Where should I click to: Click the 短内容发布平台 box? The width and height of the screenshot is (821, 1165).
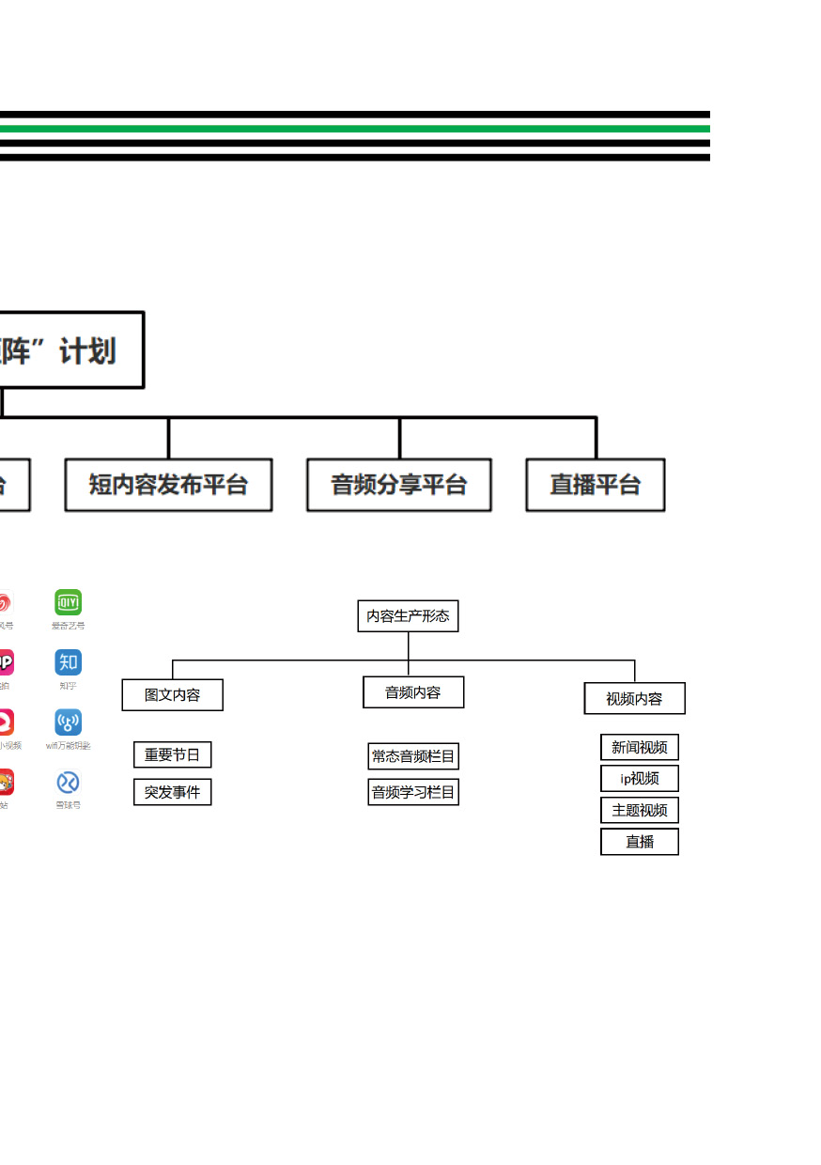tap(168, 485)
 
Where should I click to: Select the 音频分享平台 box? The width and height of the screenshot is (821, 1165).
tap(399, 485)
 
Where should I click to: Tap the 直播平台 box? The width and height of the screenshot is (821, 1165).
tap(596, 485)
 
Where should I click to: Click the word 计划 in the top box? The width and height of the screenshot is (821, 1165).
tap(88, 351)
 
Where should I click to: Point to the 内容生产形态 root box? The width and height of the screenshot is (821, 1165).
tap(408, 616)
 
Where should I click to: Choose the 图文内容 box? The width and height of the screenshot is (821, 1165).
tap(173, 695)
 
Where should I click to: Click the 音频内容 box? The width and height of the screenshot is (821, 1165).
tap(413, 692)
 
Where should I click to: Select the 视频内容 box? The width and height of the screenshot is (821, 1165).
tap(634, 699)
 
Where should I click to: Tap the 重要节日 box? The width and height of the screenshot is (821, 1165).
tap(173, 754)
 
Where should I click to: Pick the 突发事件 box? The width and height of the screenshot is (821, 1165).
tap(173, 792)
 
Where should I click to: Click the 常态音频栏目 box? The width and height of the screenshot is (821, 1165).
tap(413, 756)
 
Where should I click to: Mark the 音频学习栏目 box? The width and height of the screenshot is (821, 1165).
tap(413, 792)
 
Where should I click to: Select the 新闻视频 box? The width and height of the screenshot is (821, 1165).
tap(640, 748)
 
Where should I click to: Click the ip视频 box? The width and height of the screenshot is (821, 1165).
tap(640, 779)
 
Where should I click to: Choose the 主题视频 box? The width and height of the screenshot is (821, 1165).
tap(640, 810)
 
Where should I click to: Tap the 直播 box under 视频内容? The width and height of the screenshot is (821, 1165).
tap(640, 842)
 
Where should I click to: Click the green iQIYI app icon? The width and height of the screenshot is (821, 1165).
tap(68, 602)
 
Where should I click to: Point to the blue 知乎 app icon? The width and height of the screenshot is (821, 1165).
tap(68, 662)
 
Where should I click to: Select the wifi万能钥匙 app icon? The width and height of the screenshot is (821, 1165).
tap(68, 722)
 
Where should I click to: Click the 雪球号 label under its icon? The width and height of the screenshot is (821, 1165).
tap(68, 805)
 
